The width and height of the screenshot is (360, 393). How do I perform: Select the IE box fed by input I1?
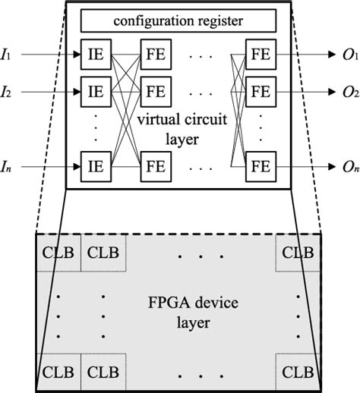point(96,55)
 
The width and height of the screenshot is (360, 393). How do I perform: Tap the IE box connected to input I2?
point(96,93)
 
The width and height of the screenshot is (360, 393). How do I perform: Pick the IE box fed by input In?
point(96,163)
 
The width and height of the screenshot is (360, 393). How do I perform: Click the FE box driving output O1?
point(260,55)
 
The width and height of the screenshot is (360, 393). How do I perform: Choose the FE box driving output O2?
point(260,93)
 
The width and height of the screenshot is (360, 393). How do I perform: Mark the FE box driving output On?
point(260,163)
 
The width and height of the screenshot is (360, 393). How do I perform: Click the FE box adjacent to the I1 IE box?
point(155,55)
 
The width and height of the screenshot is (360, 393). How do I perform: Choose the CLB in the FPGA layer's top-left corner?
point(58,252)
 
